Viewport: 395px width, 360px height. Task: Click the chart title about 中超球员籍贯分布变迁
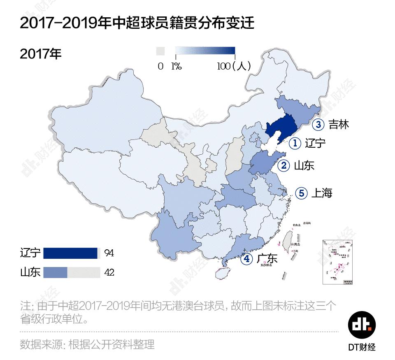pyautogui.click(x=137, y=23)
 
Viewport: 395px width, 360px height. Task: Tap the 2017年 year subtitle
pyautogui.click(x=41, y=54)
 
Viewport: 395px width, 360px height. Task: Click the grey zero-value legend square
pyautogui.click(x=160, y=51)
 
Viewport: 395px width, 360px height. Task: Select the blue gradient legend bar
pyautogui.click(x=205, y=51)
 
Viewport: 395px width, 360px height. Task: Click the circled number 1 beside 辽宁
pyautogui.click(x=295, y=143)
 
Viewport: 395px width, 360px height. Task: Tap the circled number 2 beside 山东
pyautogui.click(x=284, y=166)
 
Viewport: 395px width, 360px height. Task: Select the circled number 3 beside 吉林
pyautogui.click(x=318, y=124)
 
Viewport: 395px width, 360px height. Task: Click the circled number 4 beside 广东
pyautogui.click(x=247, y=259)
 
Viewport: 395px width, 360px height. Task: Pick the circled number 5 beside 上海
pyautogui.click(x=301, y=193)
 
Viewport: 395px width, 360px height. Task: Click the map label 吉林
pyautogui.click(x=339, y=124)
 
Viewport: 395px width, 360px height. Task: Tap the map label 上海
pyautogui.click(x=322, y=193)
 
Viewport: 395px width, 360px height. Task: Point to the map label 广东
pyautogui.click(x=267, y=259)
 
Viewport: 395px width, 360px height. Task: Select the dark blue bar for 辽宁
pyautogui.click(x=70, y=253)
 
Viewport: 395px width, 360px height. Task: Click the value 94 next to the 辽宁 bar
pyautogui.click(x=109, y=253)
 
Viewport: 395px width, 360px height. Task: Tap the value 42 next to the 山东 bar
pyautogui.click(x=109, y=272)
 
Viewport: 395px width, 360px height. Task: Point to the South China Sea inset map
pyautogui.click(x=338, y=261)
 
